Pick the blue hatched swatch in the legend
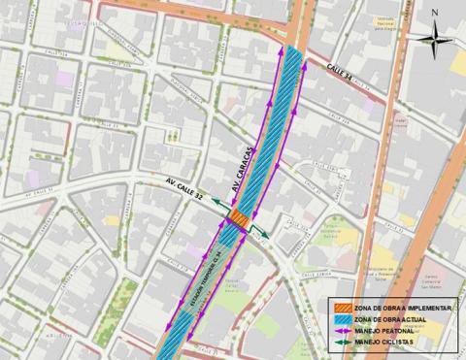(x=339, y=318)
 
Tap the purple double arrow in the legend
(x=339, y=330)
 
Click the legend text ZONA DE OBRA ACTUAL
(x=390, y=318)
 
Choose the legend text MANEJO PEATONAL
(x=385, y=330)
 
